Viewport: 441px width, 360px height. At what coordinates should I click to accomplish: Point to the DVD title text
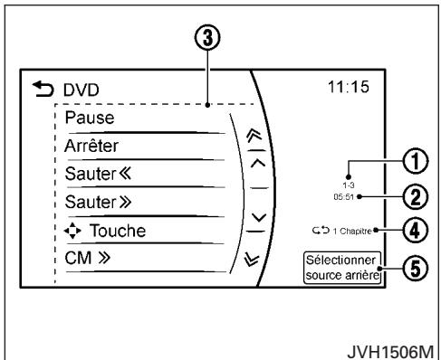75,91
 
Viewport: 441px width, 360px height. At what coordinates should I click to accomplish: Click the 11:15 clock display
360,90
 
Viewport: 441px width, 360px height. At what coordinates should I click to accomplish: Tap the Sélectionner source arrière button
344,268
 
